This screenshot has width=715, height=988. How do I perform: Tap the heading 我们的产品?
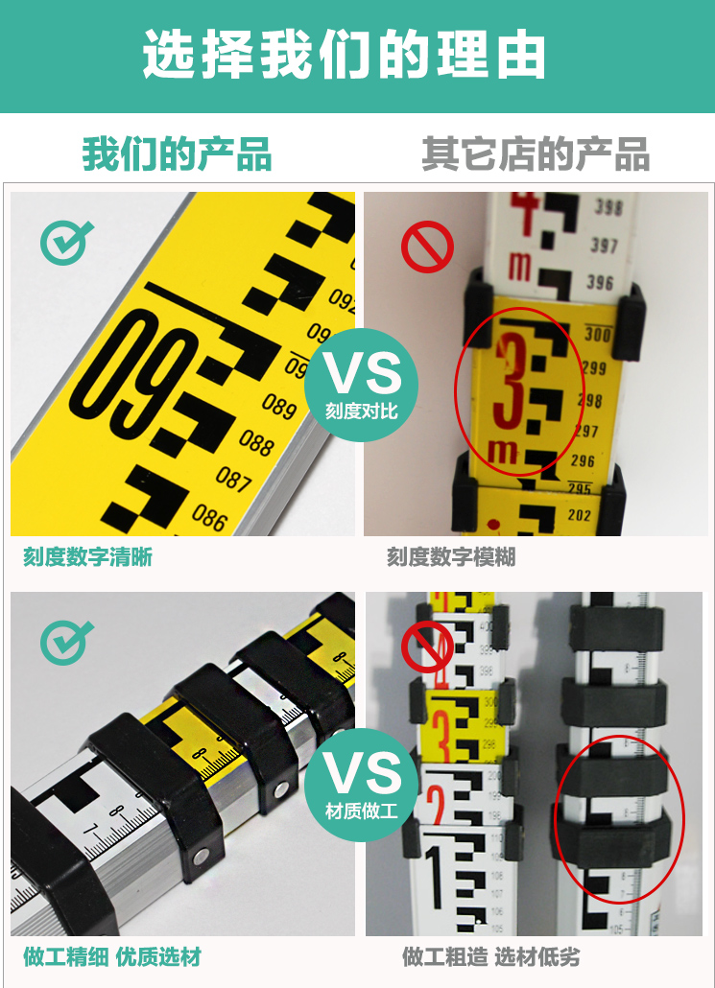click(177, 154)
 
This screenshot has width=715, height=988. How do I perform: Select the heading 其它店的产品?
click(536, 154)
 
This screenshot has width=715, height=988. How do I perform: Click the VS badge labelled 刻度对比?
click(361, 385)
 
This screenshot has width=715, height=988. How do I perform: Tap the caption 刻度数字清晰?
click(87, 557)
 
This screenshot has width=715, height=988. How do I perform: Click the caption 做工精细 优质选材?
click(112, 956)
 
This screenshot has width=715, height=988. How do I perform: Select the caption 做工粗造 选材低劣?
click(490, 956)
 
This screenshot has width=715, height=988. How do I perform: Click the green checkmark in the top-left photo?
click(66, 242)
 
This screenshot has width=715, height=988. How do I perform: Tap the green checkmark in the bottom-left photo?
click(66, 641)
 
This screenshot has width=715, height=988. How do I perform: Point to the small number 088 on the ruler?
click(256, 441)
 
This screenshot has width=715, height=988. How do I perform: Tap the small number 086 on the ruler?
click(208, 516)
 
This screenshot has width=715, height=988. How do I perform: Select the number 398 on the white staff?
click(608, 207)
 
